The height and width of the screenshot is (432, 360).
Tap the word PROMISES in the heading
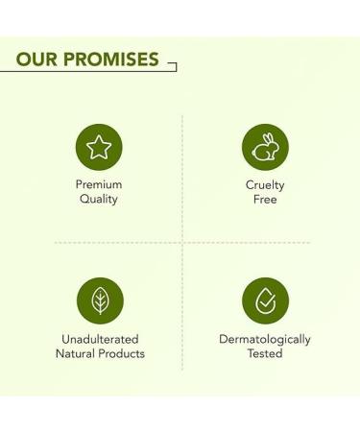(x=110, y=59)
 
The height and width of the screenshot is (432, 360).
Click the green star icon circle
(x=99, y=147)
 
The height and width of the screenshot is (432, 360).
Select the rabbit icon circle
(x=265, y=147)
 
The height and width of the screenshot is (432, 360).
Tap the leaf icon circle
(x=99, y=300)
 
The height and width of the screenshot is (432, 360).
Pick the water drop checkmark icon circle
(x=265, y=300)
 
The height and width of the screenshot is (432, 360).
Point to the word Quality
(x=99, y=200)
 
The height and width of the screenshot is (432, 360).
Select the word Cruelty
(x=265, y=185)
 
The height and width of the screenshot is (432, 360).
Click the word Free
(x=265, y=200)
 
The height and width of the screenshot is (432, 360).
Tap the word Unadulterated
(x=99, y=339)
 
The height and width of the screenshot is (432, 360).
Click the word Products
(x=123, y=353)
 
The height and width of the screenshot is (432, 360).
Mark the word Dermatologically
(x=265, y=339)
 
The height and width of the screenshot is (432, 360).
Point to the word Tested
(x=265, y=353)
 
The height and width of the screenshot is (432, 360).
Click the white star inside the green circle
(x=99, y=147)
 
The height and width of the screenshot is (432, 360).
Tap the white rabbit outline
(x=265, y=147)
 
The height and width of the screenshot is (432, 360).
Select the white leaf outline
(x=99, y=300)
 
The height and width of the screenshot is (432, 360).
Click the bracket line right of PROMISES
(x=173, y=66)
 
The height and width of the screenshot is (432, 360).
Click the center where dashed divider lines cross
(x=182, y=243)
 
